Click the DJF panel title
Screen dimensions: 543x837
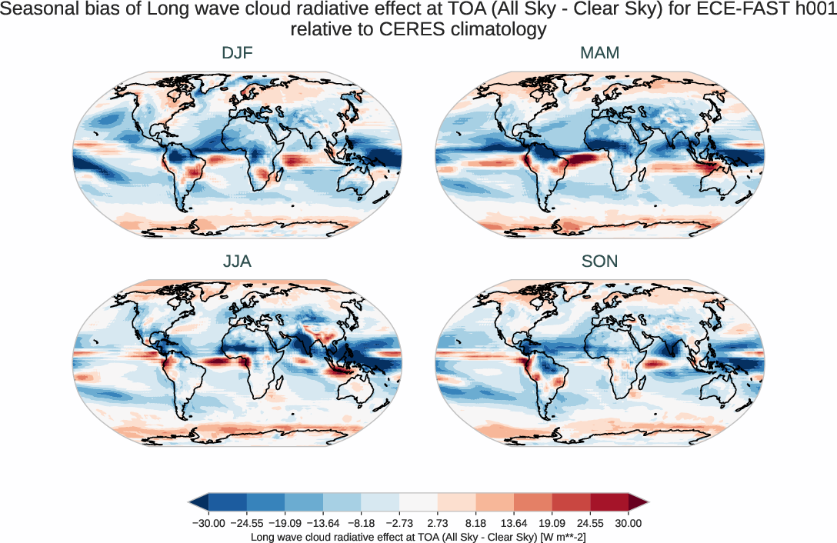coord(237,53)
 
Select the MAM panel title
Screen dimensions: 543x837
coord(599,53)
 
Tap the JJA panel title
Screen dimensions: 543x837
coord(237,262)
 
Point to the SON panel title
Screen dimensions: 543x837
coord(599,262)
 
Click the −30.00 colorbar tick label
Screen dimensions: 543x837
coord(208,523)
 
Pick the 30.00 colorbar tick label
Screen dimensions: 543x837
coord(629,523)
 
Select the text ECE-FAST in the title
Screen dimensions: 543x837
coord(728,11)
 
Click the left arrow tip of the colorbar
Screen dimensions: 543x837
coord(192,502)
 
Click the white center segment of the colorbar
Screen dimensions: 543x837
coord(418,502)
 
